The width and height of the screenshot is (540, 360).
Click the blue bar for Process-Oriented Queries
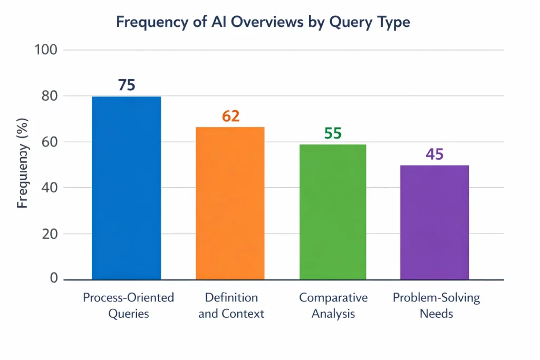pos(127,188)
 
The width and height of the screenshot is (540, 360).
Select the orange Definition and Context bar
pos(230,203)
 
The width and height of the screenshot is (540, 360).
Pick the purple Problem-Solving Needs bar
pos(435,222)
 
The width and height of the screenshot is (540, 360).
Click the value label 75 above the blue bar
pos(127,85)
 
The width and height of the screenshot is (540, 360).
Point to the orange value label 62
pos(230,116)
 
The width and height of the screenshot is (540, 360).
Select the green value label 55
pos(333,133)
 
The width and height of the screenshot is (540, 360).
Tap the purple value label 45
pos(435,154)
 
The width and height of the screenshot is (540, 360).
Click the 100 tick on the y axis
pos(46,50)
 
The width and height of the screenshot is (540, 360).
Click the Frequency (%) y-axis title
pos(23,164)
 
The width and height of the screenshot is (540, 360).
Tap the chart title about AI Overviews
pos(263,22)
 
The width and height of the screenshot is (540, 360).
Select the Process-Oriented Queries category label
pos(129,306)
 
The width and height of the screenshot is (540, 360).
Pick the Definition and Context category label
pos(231,306)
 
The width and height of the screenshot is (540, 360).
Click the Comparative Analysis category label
pos(333,306)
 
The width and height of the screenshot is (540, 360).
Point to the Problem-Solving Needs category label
pos(436,306)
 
